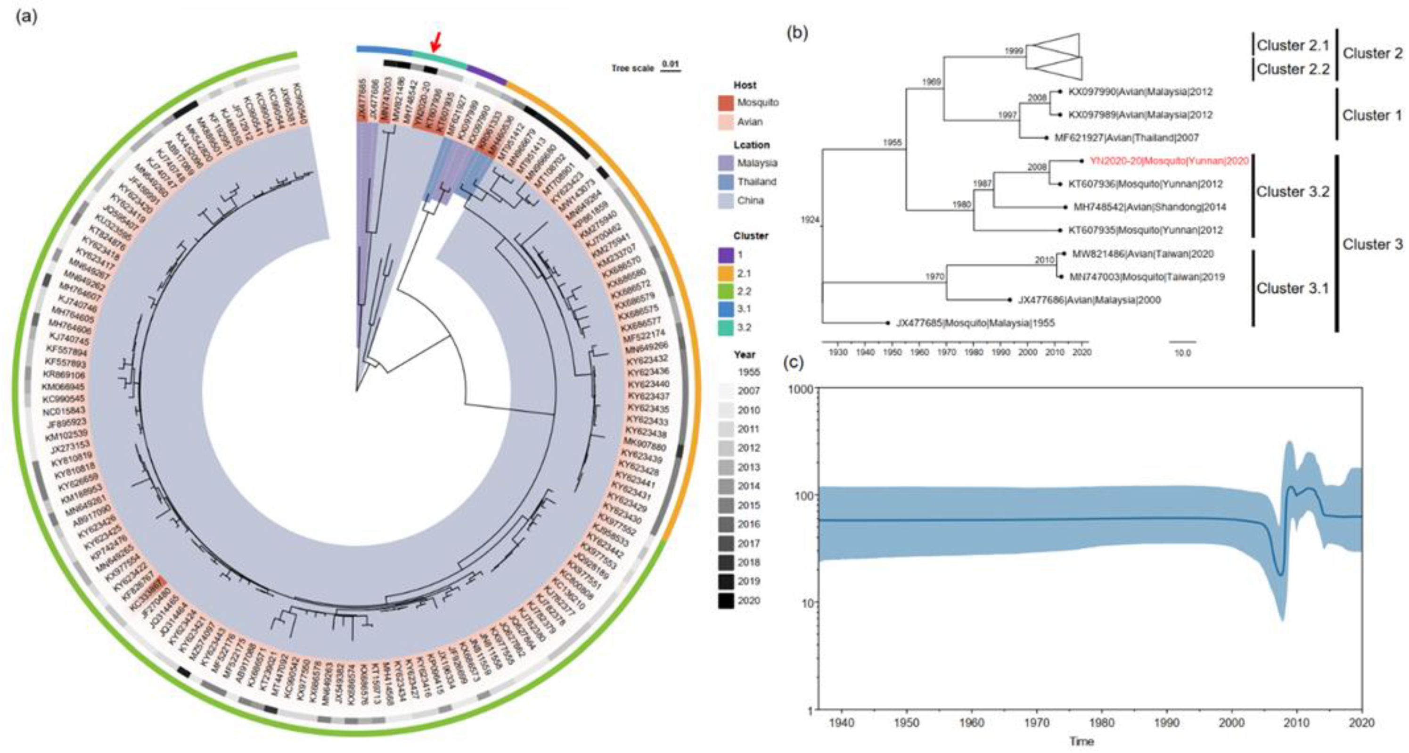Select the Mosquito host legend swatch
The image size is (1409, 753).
pos(726,103)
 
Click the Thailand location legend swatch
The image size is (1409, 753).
pos(726,182)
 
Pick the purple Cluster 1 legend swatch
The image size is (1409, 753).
pos(726,255)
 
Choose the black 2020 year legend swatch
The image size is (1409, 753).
pos(726,600)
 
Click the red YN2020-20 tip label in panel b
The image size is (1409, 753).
pos(1169,161)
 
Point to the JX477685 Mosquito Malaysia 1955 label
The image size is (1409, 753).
pos(975,323)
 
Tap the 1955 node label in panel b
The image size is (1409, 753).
pos(892,143)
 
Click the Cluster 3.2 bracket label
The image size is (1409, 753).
pos(1292,192)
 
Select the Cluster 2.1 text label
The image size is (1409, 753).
pos(1292,45)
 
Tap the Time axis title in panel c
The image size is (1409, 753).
pos(1081,742)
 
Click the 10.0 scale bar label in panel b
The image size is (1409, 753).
pos(1182,354)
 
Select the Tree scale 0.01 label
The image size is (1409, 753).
pos(646,68)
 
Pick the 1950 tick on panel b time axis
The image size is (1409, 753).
pos(892,352)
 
